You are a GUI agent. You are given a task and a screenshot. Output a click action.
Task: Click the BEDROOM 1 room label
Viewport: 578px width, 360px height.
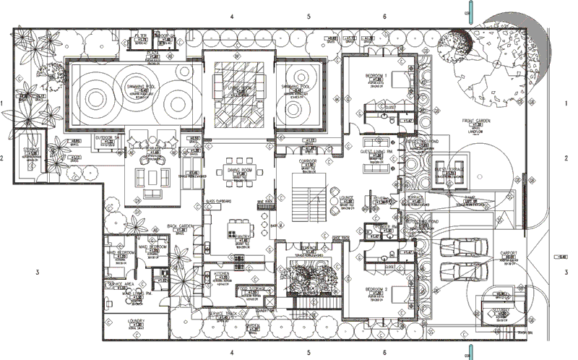376,75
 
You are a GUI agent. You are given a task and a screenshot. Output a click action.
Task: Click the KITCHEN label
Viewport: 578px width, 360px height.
222,274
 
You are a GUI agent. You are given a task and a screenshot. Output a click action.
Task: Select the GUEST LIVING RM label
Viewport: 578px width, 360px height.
376,152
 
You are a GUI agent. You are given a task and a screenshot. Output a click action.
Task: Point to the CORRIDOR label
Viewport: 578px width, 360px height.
309,164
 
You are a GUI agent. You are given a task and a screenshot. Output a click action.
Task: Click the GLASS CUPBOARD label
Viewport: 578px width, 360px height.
218,200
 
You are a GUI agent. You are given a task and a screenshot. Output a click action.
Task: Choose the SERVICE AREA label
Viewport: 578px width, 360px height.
121,284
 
